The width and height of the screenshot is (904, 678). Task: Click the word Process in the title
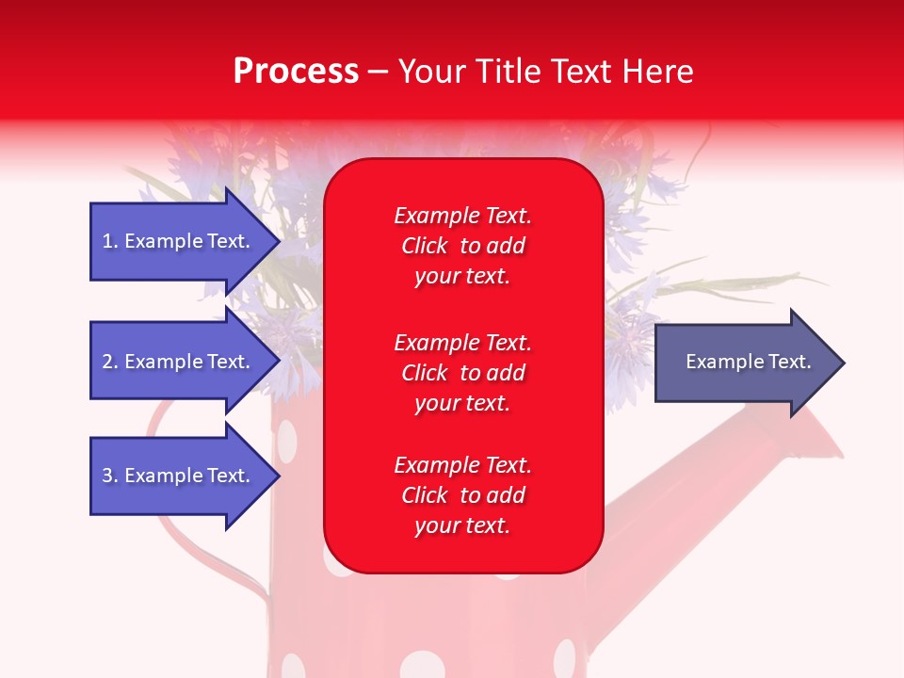tap(297, 72)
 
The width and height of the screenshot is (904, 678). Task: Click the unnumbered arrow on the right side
tap(751, 363)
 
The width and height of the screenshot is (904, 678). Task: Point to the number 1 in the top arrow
tap(107, 241)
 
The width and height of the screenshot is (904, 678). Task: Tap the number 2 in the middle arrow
tap(108, 362)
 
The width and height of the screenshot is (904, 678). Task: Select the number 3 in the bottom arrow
tap(108, 476)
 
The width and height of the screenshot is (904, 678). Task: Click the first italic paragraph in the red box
tap(463, 246)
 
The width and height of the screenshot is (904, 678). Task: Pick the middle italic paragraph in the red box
tap(463, 373)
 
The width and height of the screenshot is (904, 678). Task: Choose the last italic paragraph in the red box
tap(463, 495)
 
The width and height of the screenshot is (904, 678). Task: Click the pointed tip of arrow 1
tap(281, 241)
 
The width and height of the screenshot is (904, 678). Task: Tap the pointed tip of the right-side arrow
tap(846, 363)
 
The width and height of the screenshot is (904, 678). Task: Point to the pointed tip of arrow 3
tap(281, 476)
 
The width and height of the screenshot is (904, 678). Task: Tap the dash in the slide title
tap(379, 73)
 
